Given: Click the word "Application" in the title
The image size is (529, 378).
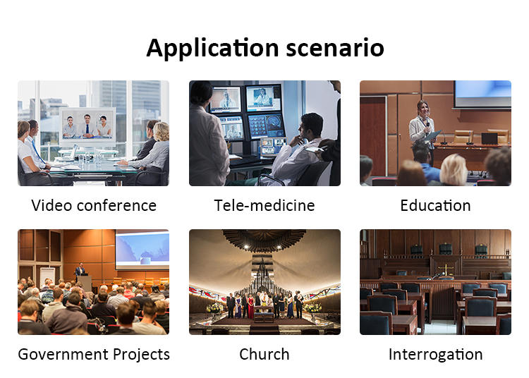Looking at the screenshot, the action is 212,49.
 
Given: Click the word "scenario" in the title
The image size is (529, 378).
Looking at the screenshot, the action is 335,48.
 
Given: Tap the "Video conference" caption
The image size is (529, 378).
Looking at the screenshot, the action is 94,205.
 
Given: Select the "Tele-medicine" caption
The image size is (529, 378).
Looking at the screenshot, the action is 264,205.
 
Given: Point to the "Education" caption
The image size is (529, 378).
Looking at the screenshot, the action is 436,205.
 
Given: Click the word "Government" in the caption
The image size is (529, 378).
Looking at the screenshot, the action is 63,355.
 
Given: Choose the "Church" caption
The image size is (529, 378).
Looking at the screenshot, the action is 264,355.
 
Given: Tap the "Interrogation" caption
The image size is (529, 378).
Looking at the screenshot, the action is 436,355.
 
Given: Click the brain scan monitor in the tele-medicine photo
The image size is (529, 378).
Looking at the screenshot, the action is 267,126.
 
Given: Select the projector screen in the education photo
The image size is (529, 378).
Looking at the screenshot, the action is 482,94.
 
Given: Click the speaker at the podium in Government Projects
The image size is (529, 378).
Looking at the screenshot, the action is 80,270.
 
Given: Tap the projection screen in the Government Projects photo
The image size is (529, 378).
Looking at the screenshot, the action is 142,249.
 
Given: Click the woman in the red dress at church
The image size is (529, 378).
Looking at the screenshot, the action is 250,307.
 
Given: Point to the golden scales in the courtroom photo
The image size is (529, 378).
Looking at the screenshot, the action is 446,270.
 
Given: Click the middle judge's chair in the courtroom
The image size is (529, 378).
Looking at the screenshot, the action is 446,249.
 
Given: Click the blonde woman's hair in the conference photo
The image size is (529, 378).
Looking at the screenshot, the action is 162,131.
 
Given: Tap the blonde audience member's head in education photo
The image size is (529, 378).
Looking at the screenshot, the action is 454,170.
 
